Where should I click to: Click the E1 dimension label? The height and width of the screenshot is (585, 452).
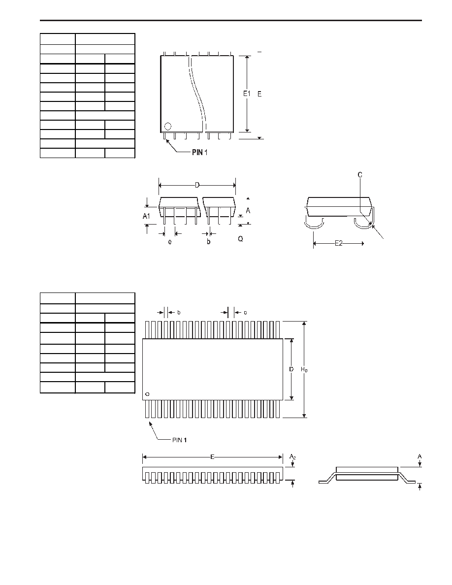point(247,94)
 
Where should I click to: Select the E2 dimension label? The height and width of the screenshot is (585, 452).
point(338,244)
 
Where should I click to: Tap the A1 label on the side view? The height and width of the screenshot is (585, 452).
point(147,216)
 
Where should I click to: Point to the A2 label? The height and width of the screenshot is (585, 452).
point(293,456)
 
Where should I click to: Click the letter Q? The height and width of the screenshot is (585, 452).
point(241,239)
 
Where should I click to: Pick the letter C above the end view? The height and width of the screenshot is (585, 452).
point(360,175)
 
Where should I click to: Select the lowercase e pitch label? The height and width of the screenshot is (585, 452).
point(170,242)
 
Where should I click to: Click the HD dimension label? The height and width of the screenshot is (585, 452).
point(304,369)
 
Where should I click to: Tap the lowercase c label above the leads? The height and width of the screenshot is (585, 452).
point(245,313)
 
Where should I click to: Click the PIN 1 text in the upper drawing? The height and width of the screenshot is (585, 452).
point(200,153)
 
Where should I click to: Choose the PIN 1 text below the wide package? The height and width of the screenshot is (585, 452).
point(179,440)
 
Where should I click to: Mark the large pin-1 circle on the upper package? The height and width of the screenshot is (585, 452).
point(168,126)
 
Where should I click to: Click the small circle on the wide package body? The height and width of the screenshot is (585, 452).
point(147,394)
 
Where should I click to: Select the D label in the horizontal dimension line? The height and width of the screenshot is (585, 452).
point(197,185)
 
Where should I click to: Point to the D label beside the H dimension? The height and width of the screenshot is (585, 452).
point(291,369)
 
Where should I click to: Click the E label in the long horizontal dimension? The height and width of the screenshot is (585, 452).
point(212,456)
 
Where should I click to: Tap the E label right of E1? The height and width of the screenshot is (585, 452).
point(259,94)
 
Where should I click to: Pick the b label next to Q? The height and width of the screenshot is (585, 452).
point(208,242)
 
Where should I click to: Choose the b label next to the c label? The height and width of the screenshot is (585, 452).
point(179,312)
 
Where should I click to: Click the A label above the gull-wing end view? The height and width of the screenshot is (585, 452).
point(420,456)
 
